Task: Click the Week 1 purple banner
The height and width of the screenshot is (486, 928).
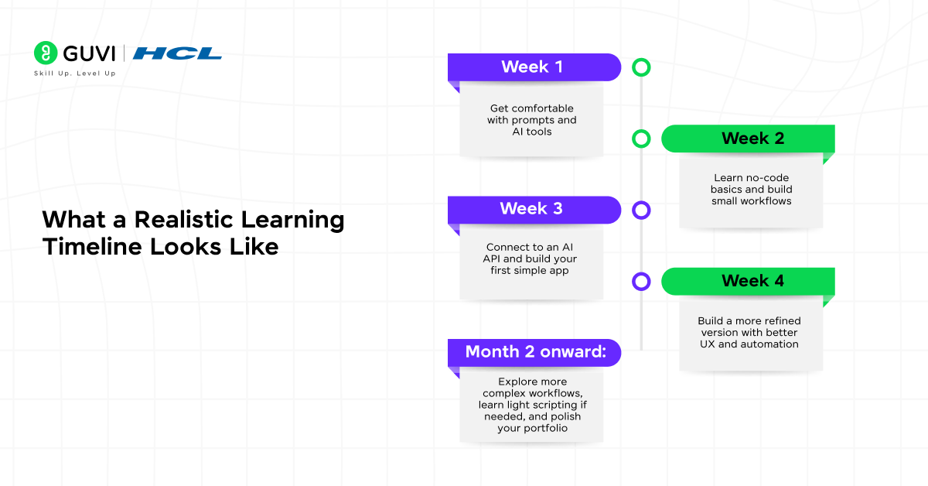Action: point(533,67)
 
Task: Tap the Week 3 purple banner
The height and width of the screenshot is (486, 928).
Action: point(533,209)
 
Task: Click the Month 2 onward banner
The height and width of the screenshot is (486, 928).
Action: point(533,352)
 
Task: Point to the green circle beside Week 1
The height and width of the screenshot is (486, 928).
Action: point(641,67)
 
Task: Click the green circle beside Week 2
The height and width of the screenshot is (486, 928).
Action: point(641,139)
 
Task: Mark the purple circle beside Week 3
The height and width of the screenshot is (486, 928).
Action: point(641,210)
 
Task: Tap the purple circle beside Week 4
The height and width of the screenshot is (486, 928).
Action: point(641,281)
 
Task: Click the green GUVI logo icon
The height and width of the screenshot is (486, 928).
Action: point(46,53)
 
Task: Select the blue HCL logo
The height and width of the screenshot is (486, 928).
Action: point(177,53)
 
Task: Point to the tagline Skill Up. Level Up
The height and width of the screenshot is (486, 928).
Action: point(74,74)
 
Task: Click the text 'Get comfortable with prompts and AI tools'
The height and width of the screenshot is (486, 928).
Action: point(531,120)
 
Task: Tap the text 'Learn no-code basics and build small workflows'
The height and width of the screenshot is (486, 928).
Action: point(752,190)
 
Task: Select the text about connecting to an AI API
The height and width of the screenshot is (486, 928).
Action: point(531,258)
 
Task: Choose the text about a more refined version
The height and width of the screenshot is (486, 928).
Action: point(749,332)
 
